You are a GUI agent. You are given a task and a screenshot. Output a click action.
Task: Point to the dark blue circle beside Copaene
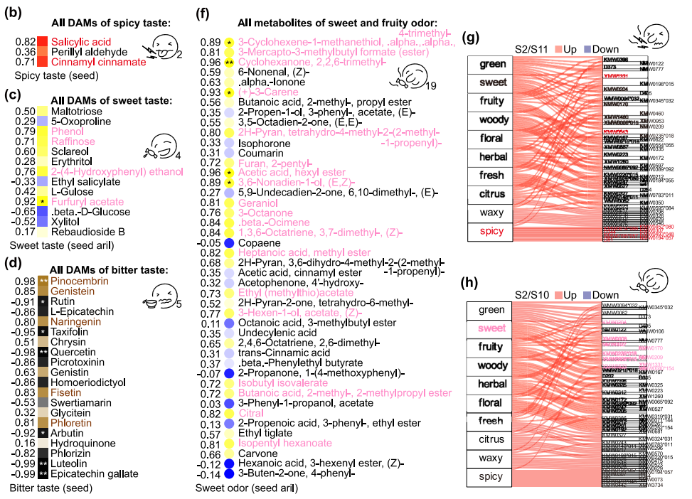[229, 242]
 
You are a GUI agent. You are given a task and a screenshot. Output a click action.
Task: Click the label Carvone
[258, 454]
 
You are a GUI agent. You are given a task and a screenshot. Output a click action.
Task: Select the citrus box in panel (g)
[492, 194]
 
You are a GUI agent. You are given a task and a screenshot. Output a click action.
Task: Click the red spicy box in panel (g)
[492, 231]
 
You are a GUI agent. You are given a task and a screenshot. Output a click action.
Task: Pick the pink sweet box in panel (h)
[492, 328]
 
